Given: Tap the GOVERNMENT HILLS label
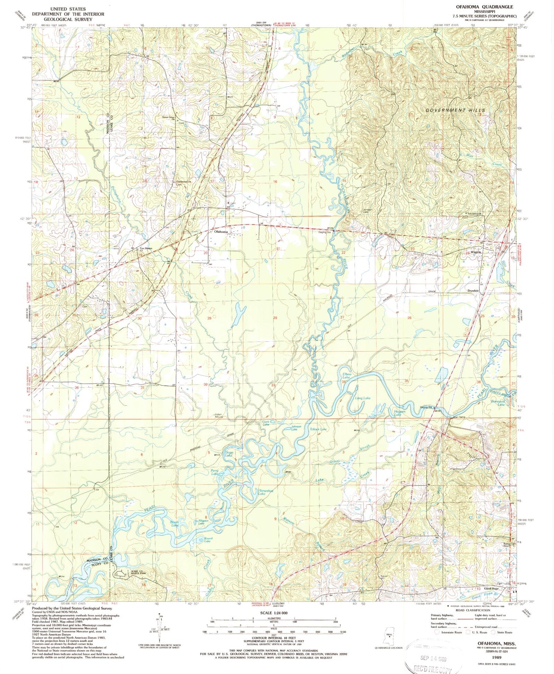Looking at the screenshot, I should click(x=451, y=110).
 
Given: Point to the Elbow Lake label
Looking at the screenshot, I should click(x=346, y=376).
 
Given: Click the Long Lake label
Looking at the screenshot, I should click(x=362, y=398).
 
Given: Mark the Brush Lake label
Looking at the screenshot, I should click(x=174, y=523).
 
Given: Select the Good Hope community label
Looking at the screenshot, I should click(x=491, y=589).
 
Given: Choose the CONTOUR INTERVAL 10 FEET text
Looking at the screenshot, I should click(x=274, y=639).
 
